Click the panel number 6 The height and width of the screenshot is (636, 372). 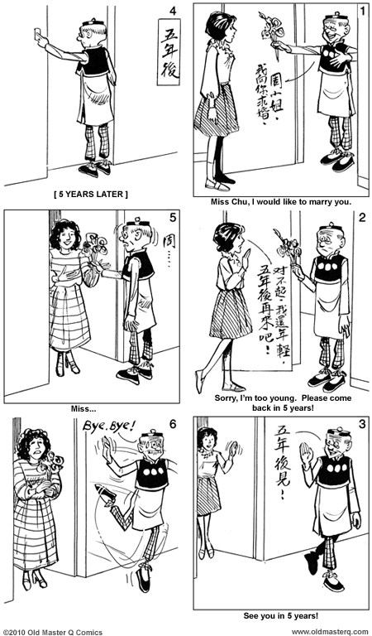pyautogui.click(x=172, y=425)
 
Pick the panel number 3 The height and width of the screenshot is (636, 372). pyautogui.click(x=361, y=425)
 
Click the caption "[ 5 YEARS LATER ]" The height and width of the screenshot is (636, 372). pyautogui.click(x=91, y=195)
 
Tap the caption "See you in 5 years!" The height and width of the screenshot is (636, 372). pyautogui.click(x=281, y=616)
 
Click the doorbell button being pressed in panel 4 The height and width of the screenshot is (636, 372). pyautogui.click(x=36, y=33)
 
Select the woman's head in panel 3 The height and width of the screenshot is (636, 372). pyautogui.click(x=207, y=437)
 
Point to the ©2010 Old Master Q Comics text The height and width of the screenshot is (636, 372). pyautogui.click(x=53, y=631)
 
